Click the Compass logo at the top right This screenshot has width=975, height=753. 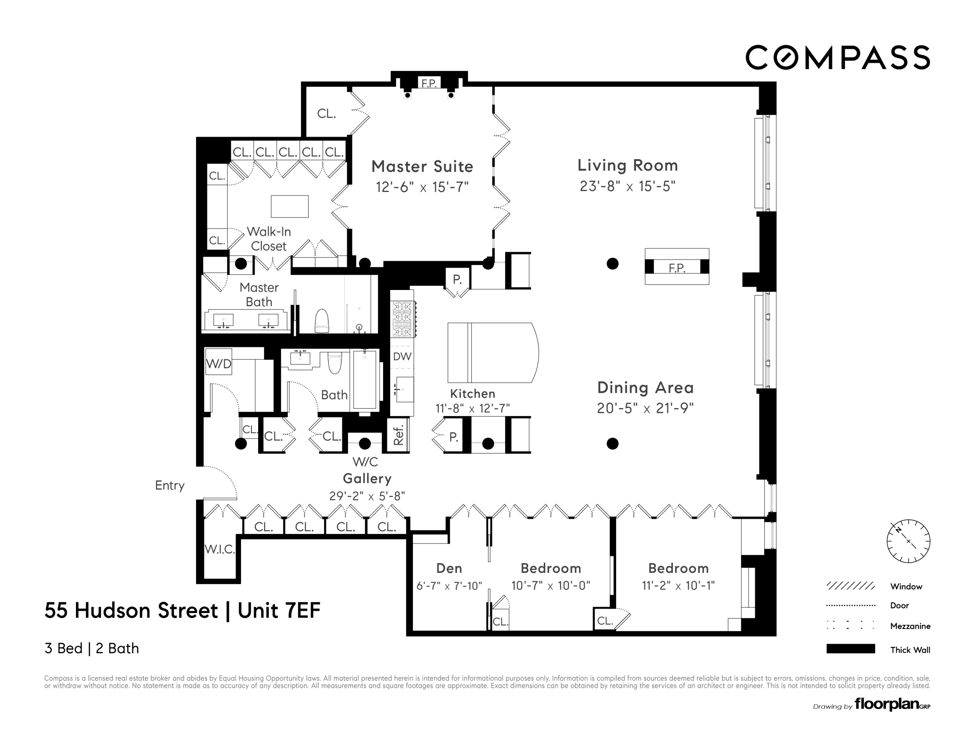tap(837, 57)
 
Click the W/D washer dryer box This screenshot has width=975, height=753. tap(218, 364)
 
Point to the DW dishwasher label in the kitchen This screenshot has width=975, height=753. tap(402, 356)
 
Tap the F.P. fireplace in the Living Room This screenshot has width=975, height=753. tap(677, 267)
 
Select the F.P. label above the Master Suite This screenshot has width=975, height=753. tap(428, 83)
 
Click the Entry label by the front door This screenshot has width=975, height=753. tap(170, 486)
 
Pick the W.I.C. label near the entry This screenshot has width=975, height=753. tap(220, 550)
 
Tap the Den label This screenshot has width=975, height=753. tap(449, 568)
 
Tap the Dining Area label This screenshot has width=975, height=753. tap(645, 388)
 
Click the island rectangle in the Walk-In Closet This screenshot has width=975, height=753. tap(289, 206)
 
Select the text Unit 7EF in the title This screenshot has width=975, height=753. tap(279, 610)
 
